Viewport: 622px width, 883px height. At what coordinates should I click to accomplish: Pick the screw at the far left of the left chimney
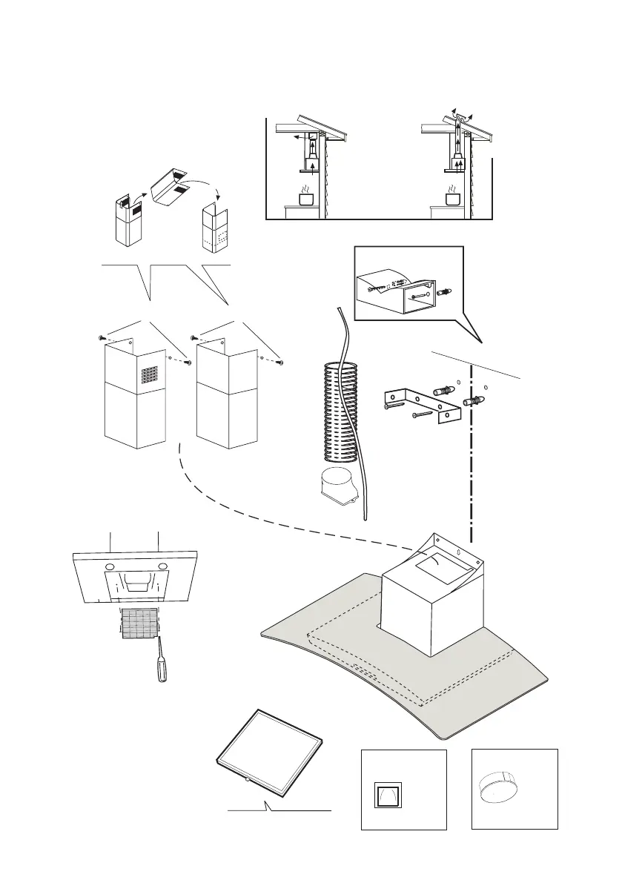click(102, 337)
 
